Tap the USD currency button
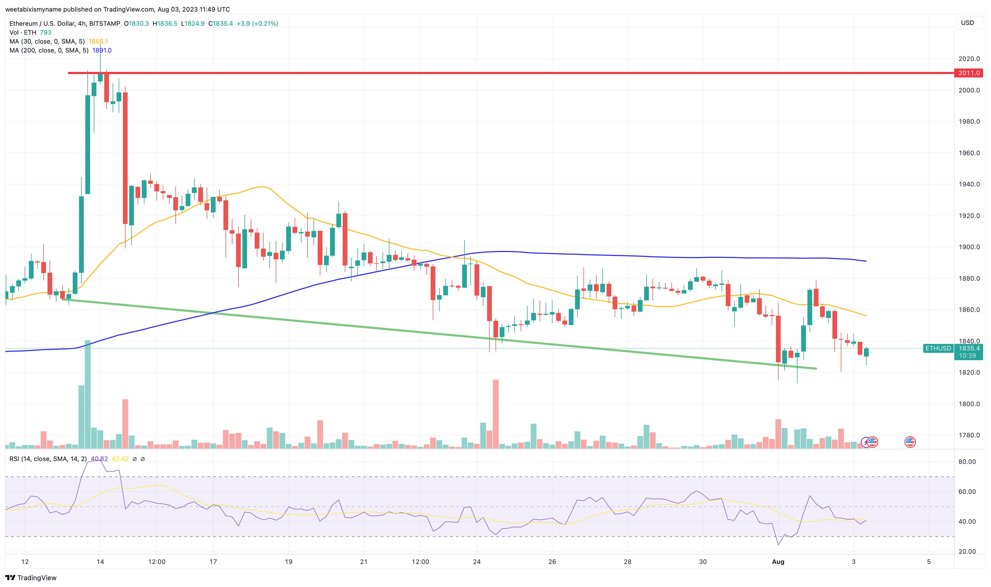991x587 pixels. click(x=967, y=23)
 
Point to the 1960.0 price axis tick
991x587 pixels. click(x=969, y=153)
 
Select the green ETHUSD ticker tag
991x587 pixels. click(x=938, y=348)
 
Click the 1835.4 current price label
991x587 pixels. click(x=969, y=348)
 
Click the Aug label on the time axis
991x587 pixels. click(x=778, y=562)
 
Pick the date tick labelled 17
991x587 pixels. click(x=213, y=562)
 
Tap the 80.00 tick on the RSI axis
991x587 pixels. click(x=967, y=462)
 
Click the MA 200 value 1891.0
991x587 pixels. click(x=102, y=50)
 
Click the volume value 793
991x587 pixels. click(x=45, y=33)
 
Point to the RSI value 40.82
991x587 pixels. click(x=99, y=459)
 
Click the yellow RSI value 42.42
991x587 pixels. click(x=120, y=459)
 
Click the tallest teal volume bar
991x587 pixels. click(x=87, y=394)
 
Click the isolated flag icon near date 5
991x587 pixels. click(x=910, y=442)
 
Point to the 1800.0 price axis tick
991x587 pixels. click(x=969, y=404)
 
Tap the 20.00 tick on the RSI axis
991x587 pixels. click(x=967, y=551)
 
